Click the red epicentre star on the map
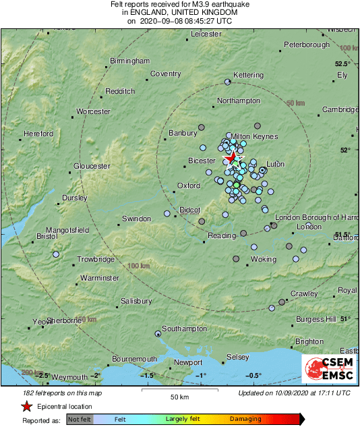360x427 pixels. coord(233,158)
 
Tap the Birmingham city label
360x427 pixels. coord(130,61)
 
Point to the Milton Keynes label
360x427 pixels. coord(255,136)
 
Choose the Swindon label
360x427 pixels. coord(137,219)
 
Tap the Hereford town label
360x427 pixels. coord(38,134)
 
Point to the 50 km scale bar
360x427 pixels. coord(179,391)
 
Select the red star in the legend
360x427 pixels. coord(26,406)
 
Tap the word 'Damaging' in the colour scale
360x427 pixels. coord(245,419)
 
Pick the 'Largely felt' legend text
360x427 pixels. coord(183,419)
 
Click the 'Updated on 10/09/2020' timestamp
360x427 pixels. coord(295,393)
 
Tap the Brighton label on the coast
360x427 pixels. coord(309,342)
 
